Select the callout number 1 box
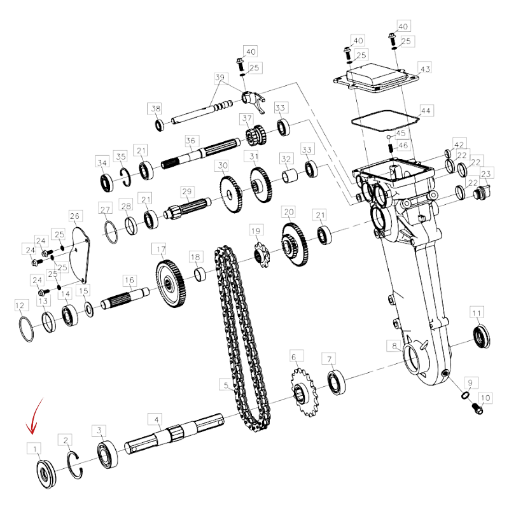tap(34, 449)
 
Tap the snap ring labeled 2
tap(74, 465)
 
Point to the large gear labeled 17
tap(171, 284)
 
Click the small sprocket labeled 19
tap(261, 255)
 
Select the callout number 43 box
tap(424, 69)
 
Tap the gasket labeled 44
tap(385, 120)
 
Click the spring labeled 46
tap(391, 148)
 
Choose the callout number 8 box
tap(394, 345)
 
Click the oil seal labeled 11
tap(482, 336)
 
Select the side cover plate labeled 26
tap(81, 255)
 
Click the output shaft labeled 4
tap(174, 434)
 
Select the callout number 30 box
tap(222, 165)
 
